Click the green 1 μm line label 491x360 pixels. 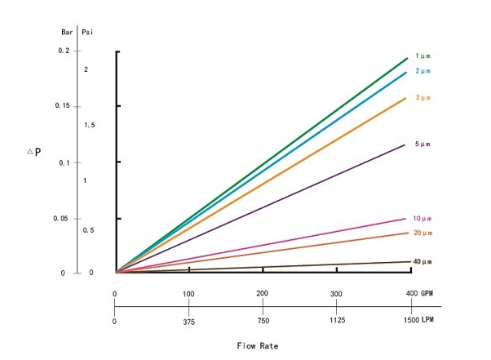(x=422, y=55)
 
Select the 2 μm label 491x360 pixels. (x=422, y=71)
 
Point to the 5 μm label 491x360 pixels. (x=422, y=144)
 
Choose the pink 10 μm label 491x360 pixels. (x=422, y=219)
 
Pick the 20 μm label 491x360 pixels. (x=422, y=233)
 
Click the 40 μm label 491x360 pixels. (x=422, y=261)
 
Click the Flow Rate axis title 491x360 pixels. (x=257, y=345)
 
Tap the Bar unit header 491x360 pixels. (x=66, y=33)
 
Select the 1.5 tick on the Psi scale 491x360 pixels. (x=90, y=125)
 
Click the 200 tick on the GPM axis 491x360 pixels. (x=263, y=293)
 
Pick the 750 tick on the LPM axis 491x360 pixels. (x=263, y=321)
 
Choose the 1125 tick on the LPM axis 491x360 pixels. (x=335, y=321)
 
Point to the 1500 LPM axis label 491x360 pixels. (x=421, y=321)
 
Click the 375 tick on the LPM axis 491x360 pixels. (x=188, y=321)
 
